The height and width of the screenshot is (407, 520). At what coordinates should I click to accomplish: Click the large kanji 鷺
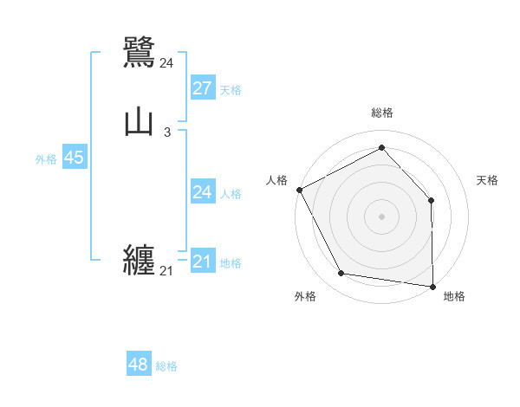[x=140, y=51]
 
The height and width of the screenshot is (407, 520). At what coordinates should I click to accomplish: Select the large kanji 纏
[x=140, y=260]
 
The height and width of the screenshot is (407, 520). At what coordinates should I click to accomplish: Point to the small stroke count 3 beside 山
[x=166, y=132]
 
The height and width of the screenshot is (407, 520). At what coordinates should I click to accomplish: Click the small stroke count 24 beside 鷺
[x=166, y=62]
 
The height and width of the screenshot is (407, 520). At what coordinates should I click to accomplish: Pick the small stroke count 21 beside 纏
[x=166, y=271]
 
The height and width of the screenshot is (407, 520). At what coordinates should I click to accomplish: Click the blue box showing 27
[x=202, y=88]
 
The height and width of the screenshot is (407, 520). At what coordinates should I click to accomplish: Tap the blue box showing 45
[x=74, y=158]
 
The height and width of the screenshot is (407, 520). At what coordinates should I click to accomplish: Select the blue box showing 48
[x=139, y=365]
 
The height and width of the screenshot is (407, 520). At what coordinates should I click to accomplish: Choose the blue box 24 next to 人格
[x=202, y=192]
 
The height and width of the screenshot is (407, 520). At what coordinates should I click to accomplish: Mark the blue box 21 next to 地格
[x=202, y=262]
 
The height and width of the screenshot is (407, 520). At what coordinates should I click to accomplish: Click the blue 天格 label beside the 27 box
[x=231, y=90]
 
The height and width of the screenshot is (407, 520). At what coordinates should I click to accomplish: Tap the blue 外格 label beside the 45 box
[x=46, y=159]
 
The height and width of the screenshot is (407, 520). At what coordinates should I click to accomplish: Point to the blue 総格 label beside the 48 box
[x=166, y=366]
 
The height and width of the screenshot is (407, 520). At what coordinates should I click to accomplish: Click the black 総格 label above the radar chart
[x=381, y=113]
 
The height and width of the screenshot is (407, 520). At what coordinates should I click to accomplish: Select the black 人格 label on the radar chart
[x=277, y=180]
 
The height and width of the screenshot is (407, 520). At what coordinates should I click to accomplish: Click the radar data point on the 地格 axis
[x=432, y=286]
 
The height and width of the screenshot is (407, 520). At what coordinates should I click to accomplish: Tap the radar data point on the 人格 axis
[x=299, y=190]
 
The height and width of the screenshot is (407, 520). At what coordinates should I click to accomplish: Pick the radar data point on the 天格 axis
[x=432, y=200]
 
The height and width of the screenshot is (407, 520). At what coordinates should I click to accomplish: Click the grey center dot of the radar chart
[x=381, y=216]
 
